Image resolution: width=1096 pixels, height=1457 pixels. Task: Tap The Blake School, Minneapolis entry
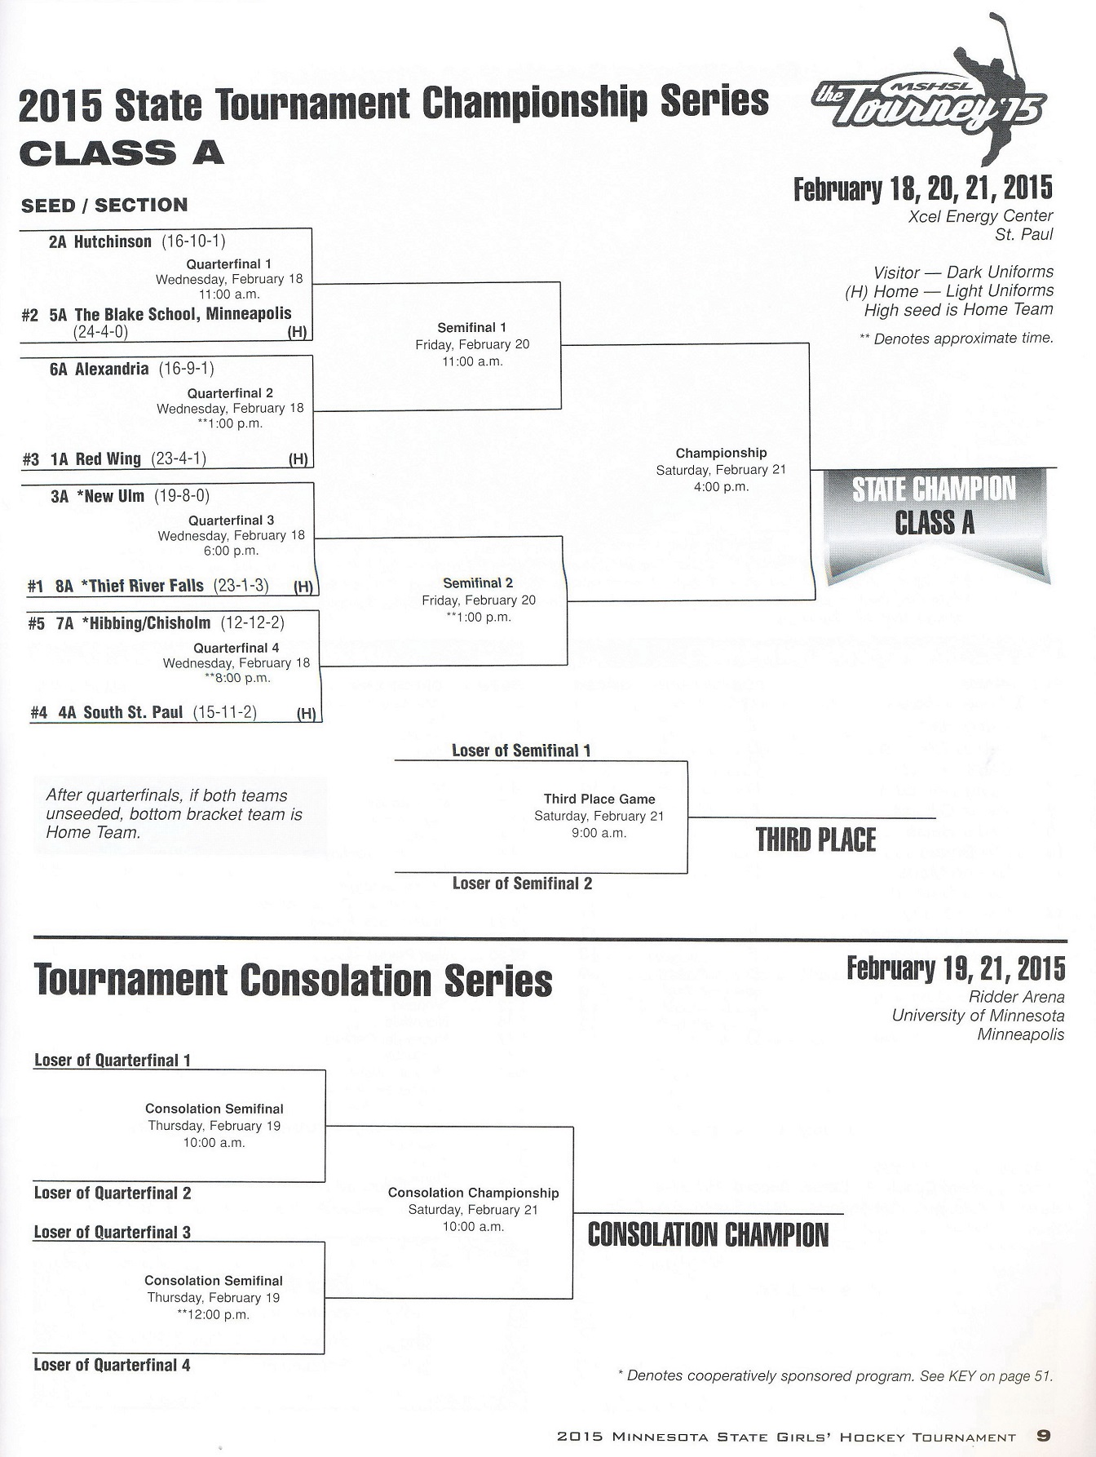[183, 314]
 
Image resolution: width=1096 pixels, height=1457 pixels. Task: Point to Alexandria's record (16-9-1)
[187, 369]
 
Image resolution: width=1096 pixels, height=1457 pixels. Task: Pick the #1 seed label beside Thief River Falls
[35, 586]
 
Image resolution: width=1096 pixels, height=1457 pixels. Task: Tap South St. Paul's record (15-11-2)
[225, 712]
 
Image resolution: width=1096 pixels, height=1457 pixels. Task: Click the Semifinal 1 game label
[471, 327]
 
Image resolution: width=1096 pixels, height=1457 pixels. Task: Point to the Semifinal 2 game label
[478, 583]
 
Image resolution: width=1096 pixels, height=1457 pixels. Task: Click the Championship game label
[721, 453]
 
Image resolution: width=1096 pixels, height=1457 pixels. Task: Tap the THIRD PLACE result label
[815, 840]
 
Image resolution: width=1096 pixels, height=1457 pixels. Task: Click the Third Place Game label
[599, 799]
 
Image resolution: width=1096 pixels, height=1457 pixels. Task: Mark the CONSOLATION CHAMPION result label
[708, 1234]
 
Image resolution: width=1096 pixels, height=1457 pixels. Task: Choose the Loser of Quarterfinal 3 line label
[113, 1232]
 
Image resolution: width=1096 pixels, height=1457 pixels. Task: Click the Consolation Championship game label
[473, 1193]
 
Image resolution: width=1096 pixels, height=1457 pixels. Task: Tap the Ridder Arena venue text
[1016, 996]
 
